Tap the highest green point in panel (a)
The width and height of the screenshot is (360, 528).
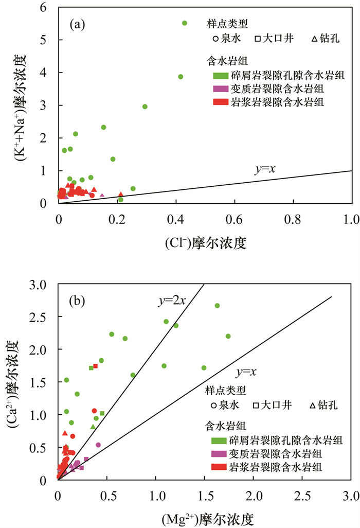[185, 23]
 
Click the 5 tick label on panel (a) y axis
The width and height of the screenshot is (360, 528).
[50, 40]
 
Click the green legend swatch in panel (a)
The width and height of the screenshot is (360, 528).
[221, 76]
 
